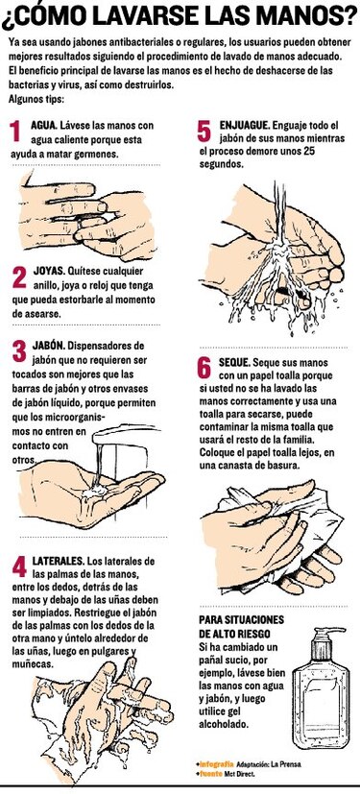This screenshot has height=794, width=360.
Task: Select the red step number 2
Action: [x=17, y=278]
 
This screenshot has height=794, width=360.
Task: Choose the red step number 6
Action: [x=204, y=368]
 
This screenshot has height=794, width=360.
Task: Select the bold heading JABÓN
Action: [x=49, y=344]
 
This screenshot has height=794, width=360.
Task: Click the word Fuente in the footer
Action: [x=213, y=773]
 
